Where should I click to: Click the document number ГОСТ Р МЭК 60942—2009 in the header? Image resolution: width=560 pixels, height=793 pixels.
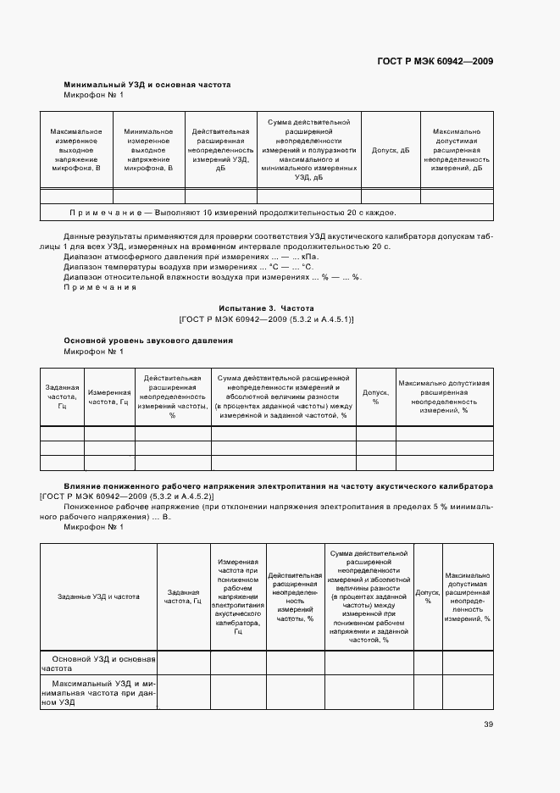(x=434, y=61)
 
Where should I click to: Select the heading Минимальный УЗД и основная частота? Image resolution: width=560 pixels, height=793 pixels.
(x=147, y=85)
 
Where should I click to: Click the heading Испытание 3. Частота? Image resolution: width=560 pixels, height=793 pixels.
(x=266, y=308)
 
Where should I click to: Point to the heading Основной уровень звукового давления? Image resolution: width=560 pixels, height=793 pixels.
(x=148, y=341)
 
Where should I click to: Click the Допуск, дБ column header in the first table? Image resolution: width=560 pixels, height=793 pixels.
(x=391, y=150)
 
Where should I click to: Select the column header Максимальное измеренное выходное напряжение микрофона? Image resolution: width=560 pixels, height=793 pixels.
(x=76, y=150)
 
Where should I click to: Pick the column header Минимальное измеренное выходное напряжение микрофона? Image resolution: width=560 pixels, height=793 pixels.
(x=149, y=150)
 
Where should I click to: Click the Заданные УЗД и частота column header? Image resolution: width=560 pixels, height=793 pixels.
(x=98, y=596)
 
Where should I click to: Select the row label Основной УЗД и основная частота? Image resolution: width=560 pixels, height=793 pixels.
(x=98, y=663)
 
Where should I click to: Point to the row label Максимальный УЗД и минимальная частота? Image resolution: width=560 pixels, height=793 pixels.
(x=98, y=691)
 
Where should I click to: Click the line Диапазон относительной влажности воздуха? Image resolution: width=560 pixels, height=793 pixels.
(x=213, y=277)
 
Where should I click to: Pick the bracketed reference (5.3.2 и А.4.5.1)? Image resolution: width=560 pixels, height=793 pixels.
(x=267, y=319)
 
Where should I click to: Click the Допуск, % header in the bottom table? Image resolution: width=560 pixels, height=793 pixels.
(x=428, y=596)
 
